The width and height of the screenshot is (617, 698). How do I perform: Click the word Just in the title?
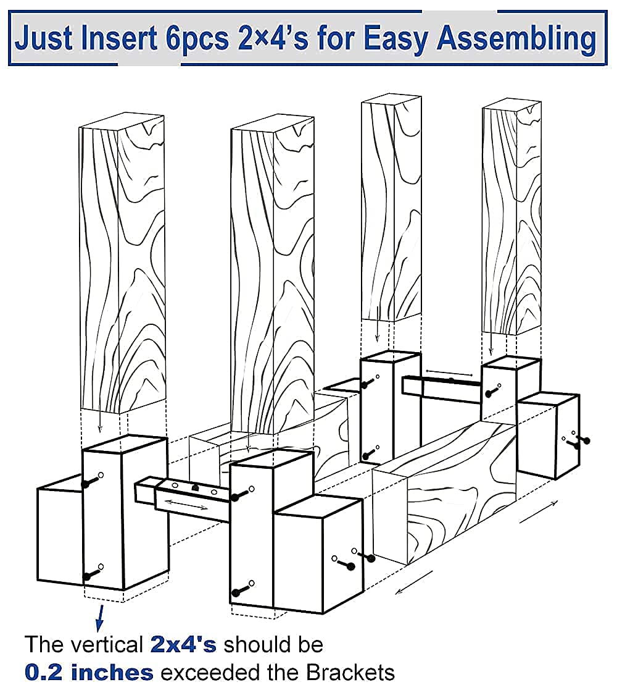click(44, 38)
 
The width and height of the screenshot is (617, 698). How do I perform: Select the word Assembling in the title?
click(516, 39)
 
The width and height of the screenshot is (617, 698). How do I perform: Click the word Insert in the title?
click(118, 38)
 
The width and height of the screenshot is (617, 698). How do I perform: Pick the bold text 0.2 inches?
click(89, 672)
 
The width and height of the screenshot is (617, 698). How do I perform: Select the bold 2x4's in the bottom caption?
click(183, 645)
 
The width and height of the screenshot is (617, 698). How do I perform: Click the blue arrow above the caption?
click(100, 618)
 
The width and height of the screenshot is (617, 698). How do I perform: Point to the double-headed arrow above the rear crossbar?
click(449, 372)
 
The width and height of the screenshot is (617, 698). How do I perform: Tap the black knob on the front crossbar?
click(195, 489)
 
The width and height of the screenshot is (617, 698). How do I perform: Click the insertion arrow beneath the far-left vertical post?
click(99, 421)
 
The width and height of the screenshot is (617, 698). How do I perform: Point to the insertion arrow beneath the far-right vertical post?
click(491, 343)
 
